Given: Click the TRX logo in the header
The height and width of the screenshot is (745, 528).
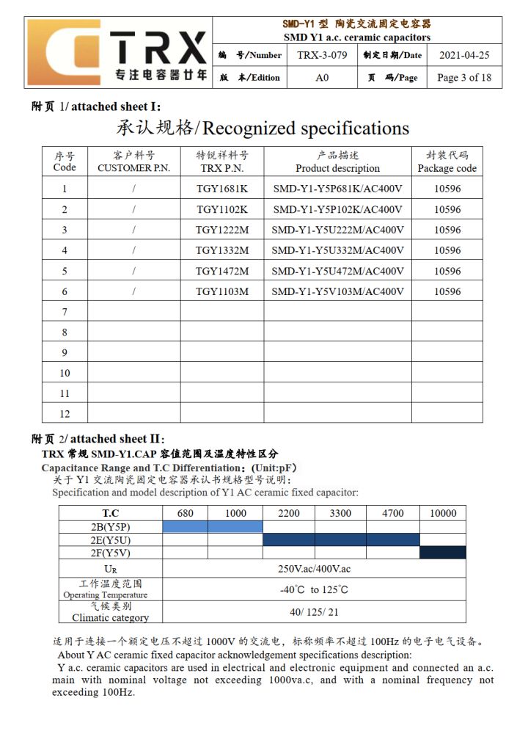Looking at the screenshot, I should point(117,52).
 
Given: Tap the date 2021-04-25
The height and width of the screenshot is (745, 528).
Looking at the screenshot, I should point(464,55).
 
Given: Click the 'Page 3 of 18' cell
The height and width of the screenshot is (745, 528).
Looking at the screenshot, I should point(464,78).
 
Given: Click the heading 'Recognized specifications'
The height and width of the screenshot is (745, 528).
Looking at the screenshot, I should point(263,128).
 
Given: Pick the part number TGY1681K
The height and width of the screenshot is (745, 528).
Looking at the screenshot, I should point(222,189).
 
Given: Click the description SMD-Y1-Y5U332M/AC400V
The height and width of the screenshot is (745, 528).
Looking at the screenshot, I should point(337,250).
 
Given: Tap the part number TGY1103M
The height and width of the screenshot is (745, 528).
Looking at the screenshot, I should point(222,291).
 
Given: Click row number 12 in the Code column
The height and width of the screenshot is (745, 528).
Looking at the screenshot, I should point(65,413).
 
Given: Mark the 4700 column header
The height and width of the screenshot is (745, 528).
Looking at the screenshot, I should point(392,513).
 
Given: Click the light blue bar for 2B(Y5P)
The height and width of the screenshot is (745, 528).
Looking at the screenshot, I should point(212,526).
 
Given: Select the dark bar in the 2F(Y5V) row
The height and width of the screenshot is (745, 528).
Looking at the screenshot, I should point(442,553).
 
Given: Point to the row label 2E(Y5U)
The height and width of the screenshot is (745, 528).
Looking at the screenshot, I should point(110,539).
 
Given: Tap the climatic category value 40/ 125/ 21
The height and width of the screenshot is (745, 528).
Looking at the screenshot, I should point(314,611).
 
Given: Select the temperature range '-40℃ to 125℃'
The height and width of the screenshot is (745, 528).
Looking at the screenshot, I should point(314,589).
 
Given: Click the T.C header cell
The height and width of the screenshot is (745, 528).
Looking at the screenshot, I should point(110,513).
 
